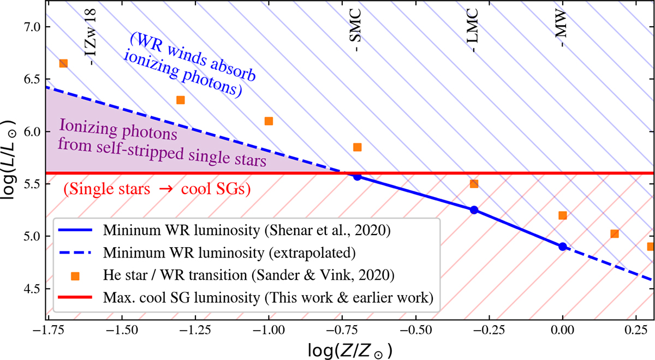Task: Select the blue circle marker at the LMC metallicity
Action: [474, 210]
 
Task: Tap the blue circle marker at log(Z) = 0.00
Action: [563, 247]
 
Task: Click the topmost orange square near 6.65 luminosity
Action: [63, 64]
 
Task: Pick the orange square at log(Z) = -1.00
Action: [269, 121]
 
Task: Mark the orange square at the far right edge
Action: [650, 247]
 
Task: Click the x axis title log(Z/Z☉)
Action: [349, 349]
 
